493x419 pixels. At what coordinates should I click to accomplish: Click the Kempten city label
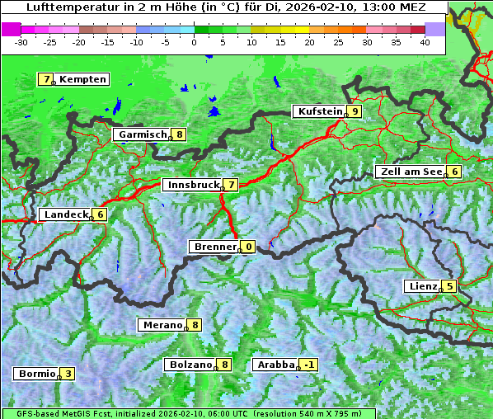pos(82,79)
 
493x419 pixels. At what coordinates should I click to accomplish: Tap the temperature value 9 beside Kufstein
pos(354,111)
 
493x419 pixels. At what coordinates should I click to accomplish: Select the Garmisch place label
pos(143,134)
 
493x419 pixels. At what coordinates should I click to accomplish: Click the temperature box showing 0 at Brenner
pos(248,247)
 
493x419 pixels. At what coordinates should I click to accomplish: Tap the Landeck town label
pos(65,214)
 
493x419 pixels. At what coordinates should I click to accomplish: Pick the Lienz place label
pos(422,286)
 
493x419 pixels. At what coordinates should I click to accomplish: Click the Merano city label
pos(162,325)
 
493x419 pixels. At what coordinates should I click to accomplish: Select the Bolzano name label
pos(190,365)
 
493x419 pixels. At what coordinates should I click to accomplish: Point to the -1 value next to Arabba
pos(308,365)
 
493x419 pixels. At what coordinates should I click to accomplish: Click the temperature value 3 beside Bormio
pos(68,374)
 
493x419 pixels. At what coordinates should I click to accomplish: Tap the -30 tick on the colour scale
pos(21,42)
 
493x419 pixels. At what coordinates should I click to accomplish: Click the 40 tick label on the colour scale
pos(425,42)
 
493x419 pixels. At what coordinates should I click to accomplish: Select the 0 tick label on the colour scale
pos(194,42)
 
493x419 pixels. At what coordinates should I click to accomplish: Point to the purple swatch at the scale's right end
pos(435,29)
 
